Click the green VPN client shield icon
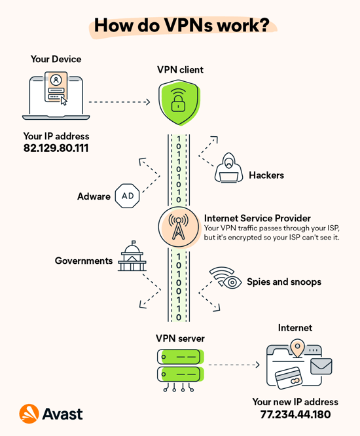(178, 103)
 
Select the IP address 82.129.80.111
(56, 149)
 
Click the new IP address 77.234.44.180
(295, 414)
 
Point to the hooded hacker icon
(228, 168)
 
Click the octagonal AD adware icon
(128, 196)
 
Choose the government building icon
(132, 257)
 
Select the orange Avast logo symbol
(29, 414)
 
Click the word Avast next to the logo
(63, 414)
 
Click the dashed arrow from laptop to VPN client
(119, 102)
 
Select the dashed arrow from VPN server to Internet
(234, 365)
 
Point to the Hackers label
(266, 175)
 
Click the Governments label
(84, 261)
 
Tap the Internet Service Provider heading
(257, 218)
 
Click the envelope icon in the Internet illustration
(321, 366)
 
